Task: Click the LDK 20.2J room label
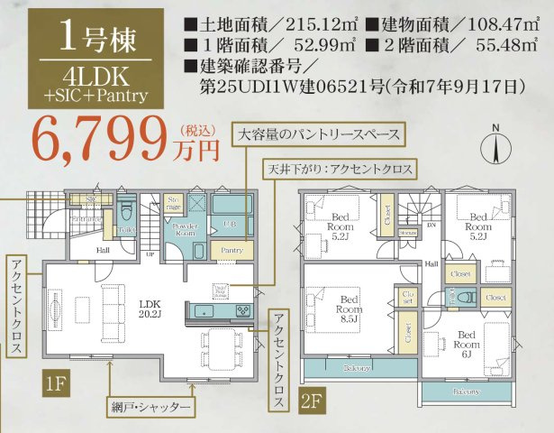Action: [150, 309]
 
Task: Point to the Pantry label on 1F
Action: [232, 250]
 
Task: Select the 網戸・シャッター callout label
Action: [152, 408]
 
